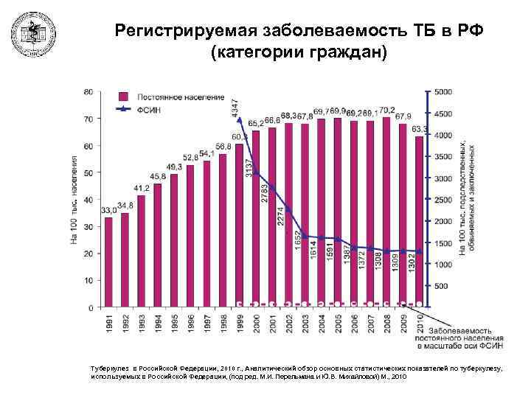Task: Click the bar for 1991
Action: click(x=109, y=262)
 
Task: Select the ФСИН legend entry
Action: click(x=147, y=110)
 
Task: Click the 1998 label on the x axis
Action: click(x=223, y=324)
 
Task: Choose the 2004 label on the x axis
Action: click(x=321, y=324)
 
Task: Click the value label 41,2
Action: click(x=141, y=189)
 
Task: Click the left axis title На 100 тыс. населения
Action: click(x=74, y=199)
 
